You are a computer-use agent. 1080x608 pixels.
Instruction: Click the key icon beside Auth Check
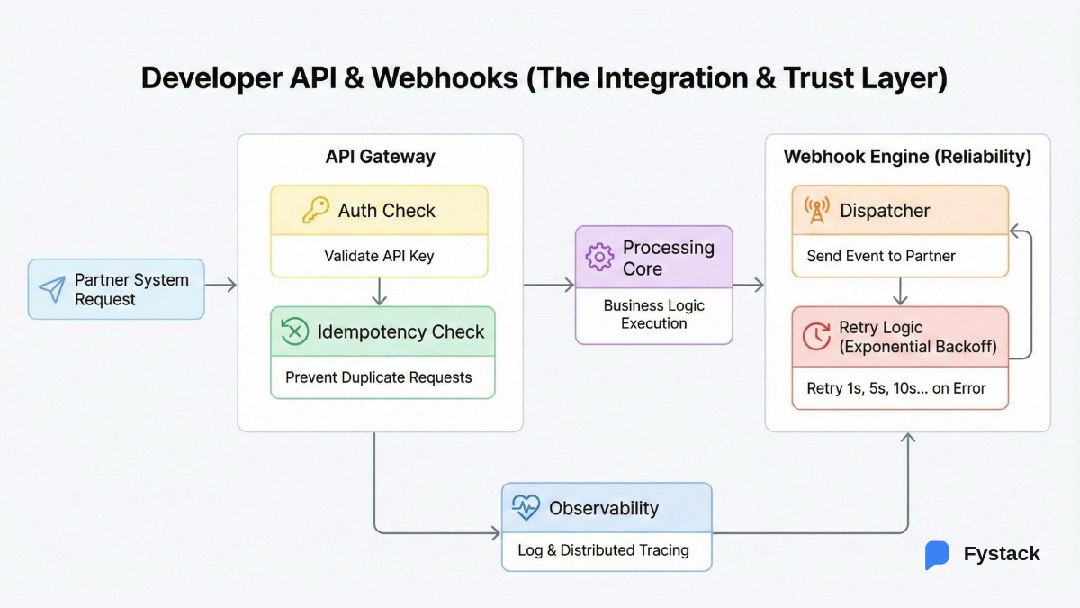point(315,211)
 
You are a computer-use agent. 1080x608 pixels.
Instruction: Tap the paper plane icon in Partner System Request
point(52,289)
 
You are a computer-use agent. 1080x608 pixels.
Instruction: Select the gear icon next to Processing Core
point(599,258)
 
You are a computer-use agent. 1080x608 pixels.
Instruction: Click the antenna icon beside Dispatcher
point(816,211)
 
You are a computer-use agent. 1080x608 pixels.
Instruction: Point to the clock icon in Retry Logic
point(816,337)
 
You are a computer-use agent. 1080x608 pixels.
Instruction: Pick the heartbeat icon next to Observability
point(526,508)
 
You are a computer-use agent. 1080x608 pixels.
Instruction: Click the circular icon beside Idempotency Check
point(294,331)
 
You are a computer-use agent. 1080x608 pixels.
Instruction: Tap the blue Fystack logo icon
point(937,555)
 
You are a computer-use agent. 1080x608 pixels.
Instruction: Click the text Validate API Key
point(379,256)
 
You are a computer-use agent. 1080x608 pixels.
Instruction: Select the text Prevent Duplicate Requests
point(379,377)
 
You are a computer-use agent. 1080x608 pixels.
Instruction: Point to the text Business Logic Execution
point(654,314)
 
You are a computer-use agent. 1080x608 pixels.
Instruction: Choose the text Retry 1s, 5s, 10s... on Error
point(896,388)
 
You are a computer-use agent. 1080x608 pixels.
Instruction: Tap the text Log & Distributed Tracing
point(603,549)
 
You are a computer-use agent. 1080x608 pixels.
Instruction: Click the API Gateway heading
point(380,157)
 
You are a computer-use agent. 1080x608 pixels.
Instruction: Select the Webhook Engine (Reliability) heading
point(907,157)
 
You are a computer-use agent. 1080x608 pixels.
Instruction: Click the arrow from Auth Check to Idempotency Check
point(379,291)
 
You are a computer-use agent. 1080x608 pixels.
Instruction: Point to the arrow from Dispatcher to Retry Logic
point(900,291)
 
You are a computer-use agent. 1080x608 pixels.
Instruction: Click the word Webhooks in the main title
point(444,78)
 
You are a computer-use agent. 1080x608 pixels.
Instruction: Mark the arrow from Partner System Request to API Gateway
point(220,286)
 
